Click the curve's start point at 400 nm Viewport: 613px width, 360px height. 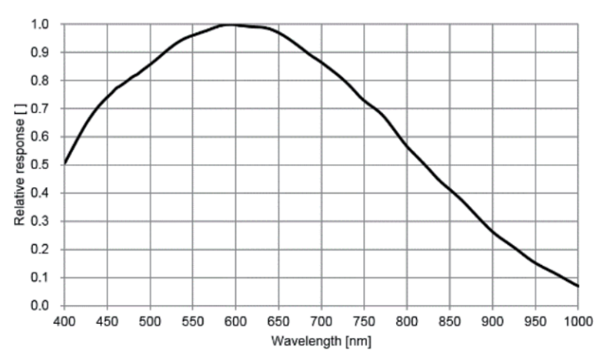(x=65, y=162)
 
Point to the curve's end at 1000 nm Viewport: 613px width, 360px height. (x=578, y=286)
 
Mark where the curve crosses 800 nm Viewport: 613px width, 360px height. (x=407, y=147)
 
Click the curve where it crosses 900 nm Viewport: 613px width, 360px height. (x=493, y=231)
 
